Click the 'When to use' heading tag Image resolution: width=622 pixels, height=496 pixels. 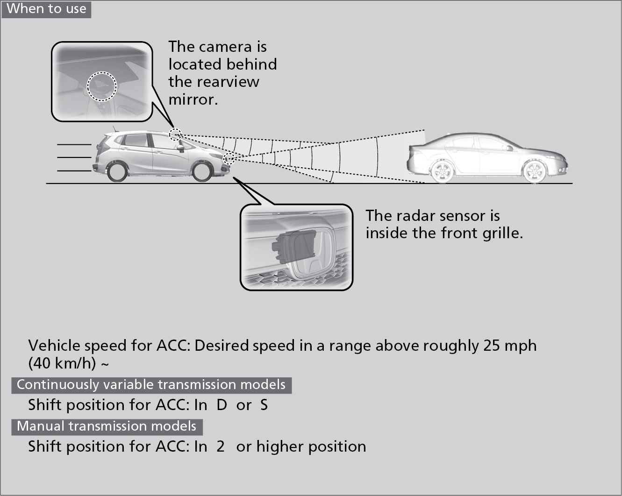(46, 9)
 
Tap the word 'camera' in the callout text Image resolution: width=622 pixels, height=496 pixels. (225, 47)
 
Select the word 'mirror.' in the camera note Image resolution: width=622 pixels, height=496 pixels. (193, 99)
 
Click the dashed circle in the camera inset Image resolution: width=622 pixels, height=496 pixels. (102, 86)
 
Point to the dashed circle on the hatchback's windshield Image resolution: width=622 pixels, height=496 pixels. (175, 134)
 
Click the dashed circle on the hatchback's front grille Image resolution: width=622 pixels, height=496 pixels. (229, 158)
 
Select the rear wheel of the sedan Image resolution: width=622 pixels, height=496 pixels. (441, 171)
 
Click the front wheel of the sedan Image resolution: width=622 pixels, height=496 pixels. (535, 171)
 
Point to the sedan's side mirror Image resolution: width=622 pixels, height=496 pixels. (509, 148)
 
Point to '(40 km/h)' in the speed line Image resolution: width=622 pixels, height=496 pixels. (62, 363)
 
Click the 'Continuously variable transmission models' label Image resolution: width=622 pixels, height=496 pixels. (151, 385)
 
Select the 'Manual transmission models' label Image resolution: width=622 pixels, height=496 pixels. (107, 426)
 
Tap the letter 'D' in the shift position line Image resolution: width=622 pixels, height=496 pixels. (222, 405)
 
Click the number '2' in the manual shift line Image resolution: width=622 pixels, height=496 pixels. (221, 446)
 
